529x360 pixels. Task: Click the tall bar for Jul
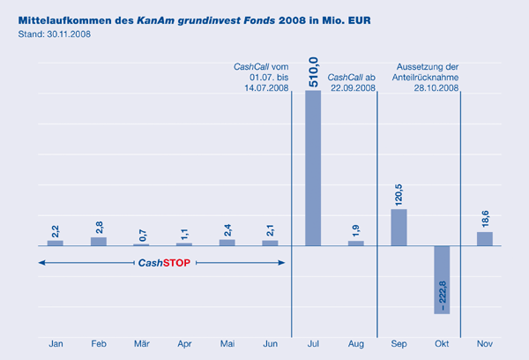coord(313,168)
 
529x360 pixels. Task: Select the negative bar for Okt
coord(443,279)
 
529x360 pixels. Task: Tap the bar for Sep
coord(399,227)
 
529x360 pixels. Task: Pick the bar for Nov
coord(485,238)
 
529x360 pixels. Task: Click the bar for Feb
coord(99,241)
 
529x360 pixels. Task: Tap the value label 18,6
coord(485,219)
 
